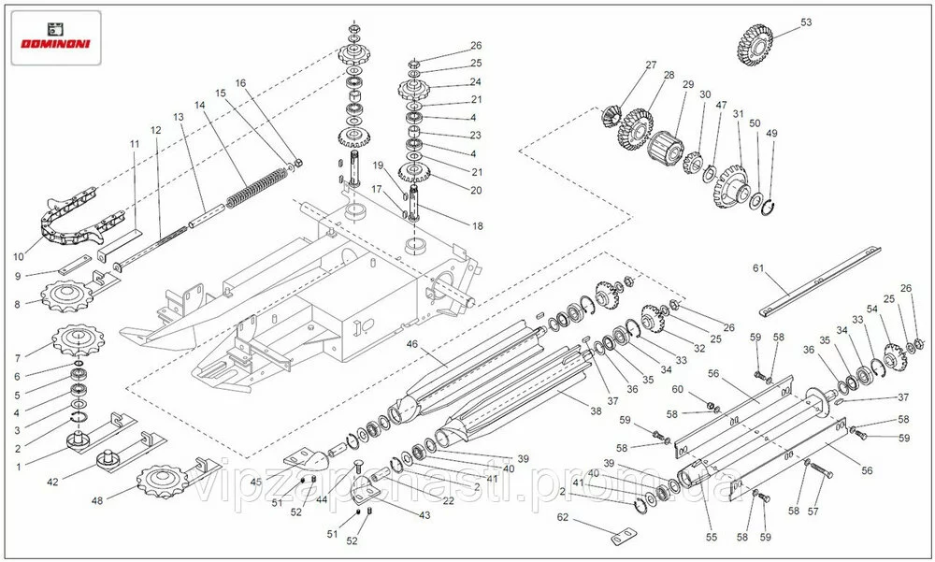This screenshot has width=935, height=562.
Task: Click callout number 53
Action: [x=806, y=22]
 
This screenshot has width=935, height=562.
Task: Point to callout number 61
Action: [x=758, y=268]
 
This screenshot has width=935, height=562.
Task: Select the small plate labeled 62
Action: [x=620, y=540]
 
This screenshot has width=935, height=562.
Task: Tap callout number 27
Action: [x=651, y=65]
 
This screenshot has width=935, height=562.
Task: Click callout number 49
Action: [x=771, y=134]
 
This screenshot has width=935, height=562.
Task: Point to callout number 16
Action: [x=240, y=83]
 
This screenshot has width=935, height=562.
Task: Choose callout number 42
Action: [x=54, y=482]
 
